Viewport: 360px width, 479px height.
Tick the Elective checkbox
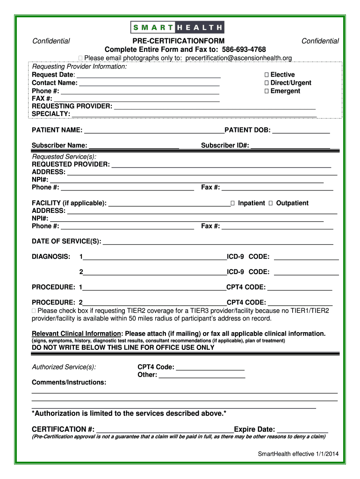coord(266,75)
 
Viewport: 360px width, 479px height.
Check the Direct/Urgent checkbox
coord(266,83)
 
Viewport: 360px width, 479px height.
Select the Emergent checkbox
coord(266,91)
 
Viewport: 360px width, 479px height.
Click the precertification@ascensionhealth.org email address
coord(238,58)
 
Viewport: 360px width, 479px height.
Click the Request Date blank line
coord(148,75)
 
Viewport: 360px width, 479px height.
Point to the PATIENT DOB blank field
coord(301,130)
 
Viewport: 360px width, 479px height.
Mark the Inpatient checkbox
coord(232,203)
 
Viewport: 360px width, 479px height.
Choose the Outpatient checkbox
coord(271,203)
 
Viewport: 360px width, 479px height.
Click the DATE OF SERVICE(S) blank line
coord(217,241)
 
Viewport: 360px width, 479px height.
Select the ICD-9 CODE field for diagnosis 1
coord(306,257)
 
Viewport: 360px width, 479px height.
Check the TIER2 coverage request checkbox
coord(34,311)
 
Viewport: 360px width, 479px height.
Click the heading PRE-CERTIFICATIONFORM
coord(178,41)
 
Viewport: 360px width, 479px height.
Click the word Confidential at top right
coord(320,41)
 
